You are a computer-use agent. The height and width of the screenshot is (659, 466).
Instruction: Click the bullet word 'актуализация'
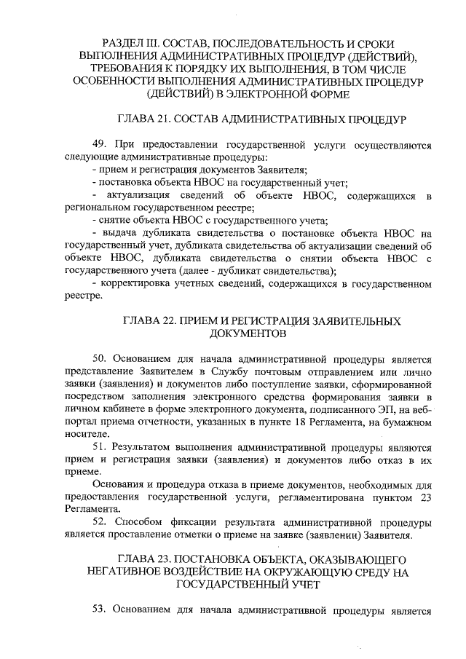pos(138,195)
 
